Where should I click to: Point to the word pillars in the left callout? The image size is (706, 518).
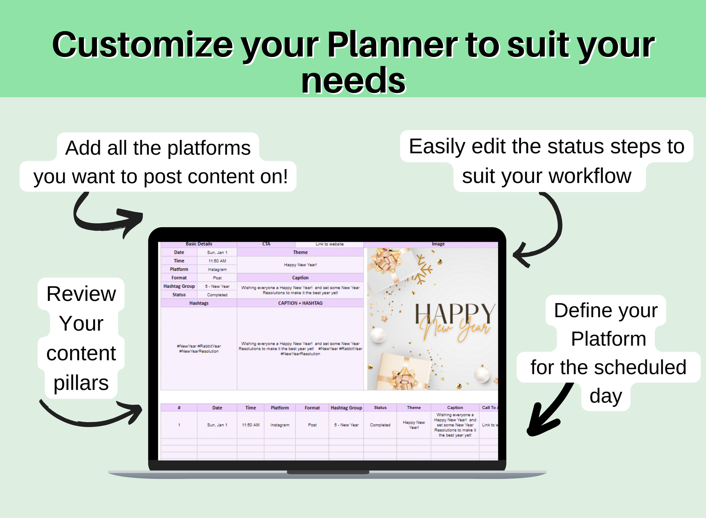coord(81,383)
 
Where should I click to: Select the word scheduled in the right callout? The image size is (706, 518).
coord(640,367)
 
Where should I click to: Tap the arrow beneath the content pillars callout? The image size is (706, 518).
coord(91,417)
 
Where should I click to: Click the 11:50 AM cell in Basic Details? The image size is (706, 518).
coord(217,261)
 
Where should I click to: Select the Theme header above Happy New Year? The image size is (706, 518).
coord(300,252)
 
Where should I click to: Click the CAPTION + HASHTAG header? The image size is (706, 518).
coord(300,303)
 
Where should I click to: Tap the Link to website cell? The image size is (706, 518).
coord(329,244)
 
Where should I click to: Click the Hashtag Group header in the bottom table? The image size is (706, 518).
coord(346,408)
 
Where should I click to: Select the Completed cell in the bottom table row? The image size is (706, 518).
coord(380,425)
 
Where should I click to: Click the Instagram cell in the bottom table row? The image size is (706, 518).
coord(280,425)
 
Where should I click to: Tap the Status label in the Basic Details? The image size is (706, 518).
coord(179,295)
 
